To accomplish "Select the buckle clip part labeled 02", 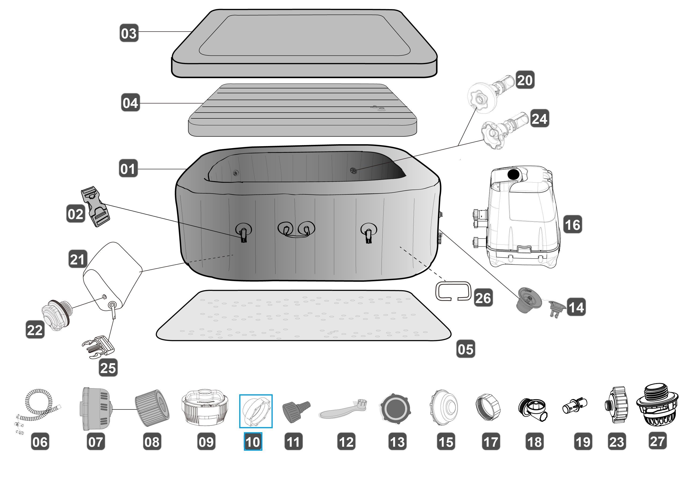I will [x=95, y=207].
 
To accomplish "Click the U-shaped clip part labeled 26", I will [x=453, y=291].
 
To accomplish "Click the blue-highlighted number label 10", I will [x=253, y=442].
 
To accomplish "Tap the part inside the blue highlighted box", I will [x=256, y=411].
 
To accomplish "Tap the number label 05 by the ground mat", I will [x=466, y=349].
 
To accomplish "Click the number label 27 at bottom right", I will [x=657, y=441].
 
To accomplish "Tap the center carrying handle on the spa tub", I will [x=296, y=230].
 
